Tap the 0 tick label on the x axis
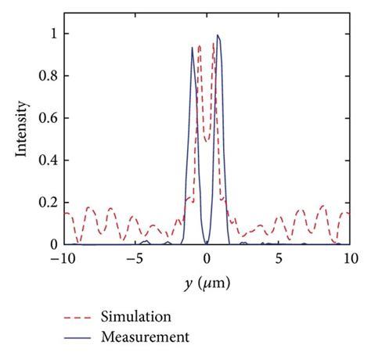point(207,258)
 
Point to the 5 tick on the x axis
point(279,258)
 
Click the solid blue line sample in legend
point(78,338)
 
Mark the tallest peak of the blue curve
point(218,35)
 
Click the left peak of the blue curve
point(193,48)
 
